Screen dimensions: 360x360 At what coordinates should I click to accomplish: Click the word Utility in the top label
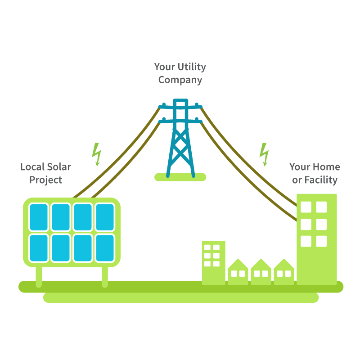click(x=190, y=67)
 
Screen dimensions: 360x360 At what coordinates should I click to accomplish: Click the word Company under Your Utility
click(x=180, y=80)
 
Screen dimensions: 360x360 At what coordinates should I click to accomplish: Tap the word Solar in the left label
click(x=57, y=167)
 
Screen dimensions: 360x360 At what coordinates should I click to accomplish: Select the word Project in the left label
click(x=45, y=180)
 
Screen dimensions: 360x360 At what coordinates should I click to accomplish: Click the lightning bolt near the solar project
click(x=96, y=154)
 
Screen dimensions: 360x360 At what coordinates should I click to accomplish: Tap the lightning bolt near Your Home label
click(x=265, y=154)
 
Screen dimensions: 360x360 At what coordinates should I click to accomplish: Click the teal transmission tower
click(x=180, y=139)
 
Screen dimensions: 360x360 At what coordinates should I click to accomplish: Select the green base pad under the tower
click(x=180, y=177)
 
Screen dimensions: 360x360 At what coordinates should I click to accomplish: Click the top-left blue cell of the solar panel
click(x=39, y=217)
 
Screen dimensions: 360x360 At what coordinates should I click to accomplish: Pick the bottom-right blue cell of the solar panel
click(x=105, y=247)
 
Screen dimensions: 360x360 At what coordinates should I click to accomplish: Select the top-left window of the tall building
click(x=306, y=207)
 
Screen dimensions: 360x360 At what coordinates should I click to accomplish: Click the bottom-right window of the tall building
click(x=321, y=241)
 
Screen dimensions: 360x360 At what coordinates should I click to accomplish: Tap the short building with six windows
click(x=213, y=263)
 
